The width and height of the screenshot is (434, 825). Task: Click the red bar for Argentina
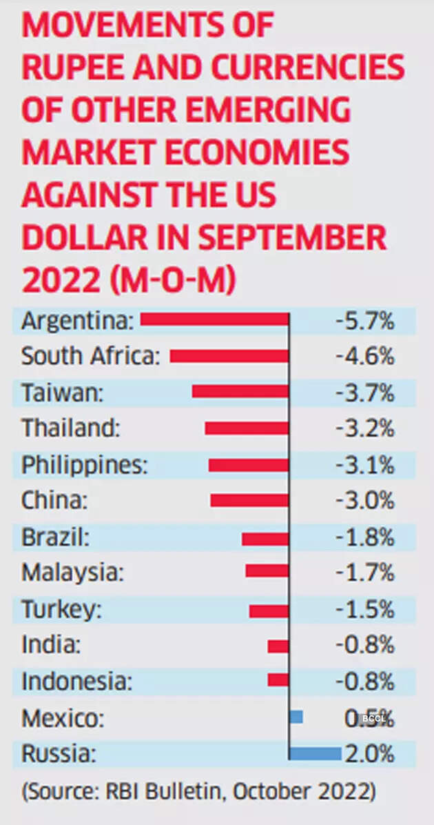[x=215, y=319]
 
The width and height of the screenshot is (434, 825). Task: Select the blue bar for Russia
[x=315, y=753]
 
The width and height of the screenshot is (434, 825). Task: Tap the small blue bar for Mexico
[x=296, y=717]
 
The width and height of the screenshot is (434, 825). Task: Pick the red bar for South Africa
[x=229, y=356]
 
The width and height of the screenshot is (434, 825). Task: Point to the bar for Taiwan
[x=240, y=392]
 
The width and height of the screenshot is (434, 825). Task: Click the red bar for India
[x=278, y=646]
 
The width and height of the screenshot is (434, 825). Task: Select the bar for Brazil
[x=265, y=538]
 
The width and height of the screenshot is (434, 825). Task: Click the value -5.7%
[x=364, y=321]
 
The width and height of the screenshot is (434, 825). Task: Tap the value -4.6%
[x=364, y=357]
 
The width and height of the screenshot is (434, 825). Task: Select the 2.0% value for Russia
[x=370, y=753]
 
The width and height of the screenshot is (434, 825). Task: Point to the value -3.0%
[x=364, y=500]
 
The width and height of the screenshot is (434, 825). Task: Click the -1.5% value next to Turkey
[x=364, y=610]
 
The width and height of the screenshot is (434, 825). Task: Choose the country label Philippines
[x=85, y=464]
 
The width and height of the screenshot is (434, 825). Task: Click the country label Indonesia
[x=76, y=682]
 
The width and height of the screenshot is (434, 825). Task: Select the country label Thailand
[x=71, y=428]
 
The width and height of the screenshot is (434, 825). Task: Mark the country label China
[x=54, y=500]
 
